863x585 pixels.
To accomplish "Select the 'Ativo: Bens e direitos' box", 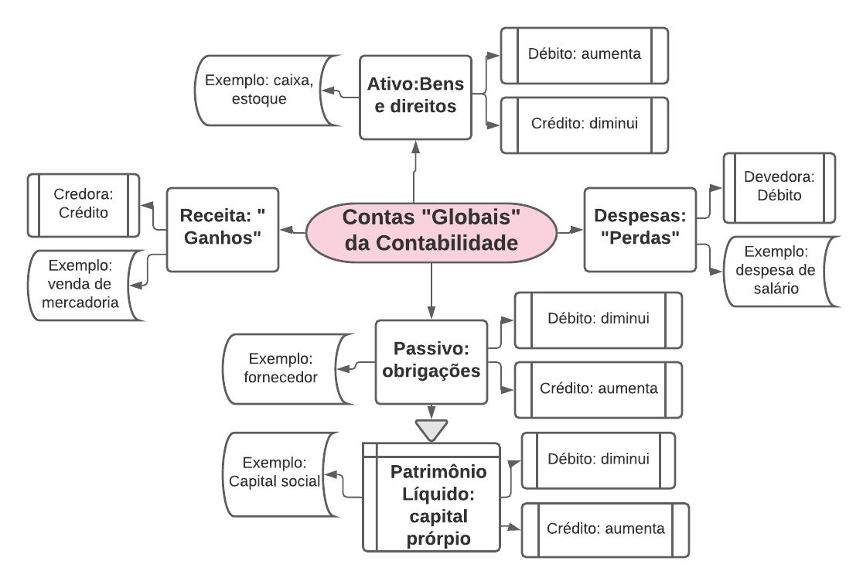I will [x=415, y=97].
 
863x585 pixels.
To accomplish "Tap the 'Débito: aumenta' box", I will [x=584, y=55].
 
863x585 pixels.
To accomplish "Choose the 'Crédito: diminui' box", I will [x=584, y=124].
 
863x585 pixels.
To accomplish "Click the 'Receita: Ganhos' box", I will [x=223, y=229].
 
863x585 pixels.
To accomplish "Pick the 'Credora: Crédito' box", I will [x=83, y=205].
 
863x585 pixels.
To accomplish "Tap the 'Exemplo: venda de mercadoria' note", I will [x=83, y=285].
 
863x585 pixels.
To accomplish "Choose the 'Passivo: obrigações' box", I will [x=432, y=361].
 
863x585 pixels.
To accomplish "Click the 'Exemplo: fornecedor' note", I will [x=281, y=369].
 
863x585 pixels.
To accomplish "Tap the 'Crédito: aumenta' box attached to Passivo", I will [x=599, y=389].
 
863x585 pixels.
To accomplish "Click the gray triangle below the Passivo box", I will [x=431, y=427].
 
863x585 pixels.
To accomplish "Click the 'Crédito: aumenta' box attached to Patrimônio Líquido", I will [x=605, y=530].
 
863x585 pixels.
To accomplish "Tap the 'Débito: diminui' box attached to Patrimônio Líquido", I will [x=598, y=460].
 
